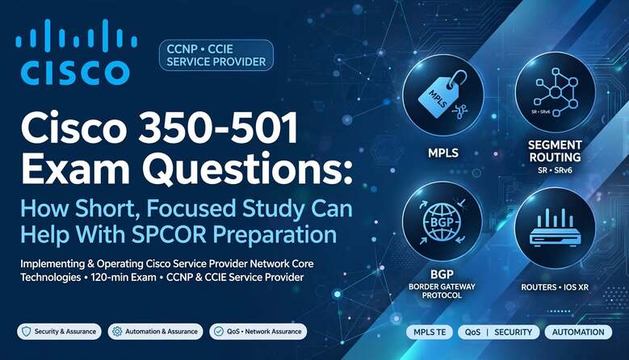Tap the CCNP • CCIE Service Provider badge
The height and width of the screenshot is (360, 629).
(x=216, y=56)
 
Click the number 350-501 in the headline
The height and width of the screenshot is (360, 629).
(x=218, y=128)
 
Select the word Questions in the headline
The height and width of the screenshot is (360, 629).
(x=247, y=169)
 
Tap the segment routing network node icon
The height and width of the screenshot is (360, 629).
(x=556, y=93)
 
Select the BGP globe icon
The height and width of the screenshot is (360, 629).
(x=442, y=222)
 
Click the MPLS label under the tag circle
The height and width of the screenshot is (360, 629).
(x=442, y=153)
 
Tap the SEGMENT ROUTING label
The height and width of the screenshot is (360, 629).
(x=555, y=151)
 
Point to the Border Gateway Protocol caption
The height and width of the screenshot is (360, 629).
(x=442, y=291)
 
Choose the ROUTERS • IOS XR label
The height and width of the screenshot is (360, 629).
(x=555, y=287)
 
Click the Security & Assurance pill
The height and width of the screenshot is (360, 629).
(x=60, y=332)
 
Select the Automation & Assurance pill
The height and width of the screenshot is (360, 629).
(x=155, y=332)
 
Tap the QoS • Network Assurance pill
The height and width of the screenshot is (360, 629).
(x=258, y=332)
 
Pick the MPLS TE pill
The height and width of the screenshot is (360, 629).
(x=430, y=332)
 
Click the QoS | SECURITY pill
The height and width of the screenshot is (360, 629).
(x=499, y=332)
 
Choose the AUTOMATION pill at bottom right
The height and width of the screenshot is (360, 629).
(x=578, y=332)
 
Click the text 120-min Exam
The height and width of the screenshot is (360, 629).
(x=124, y=277)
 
